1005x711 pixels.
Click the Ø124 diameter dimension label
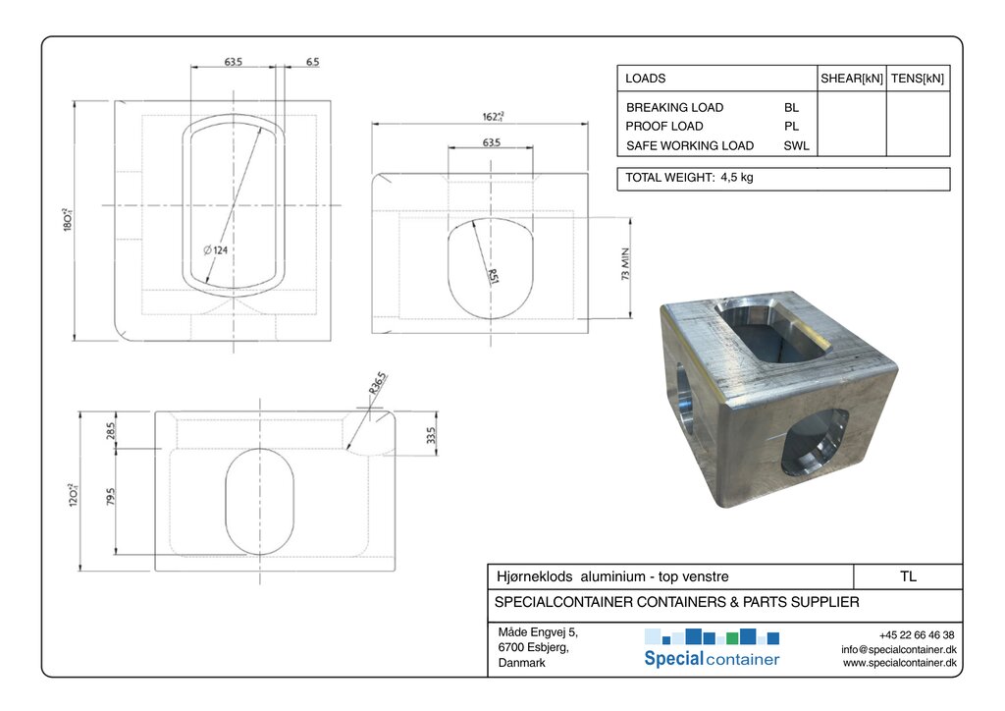pyautogui.click(x=215, y=250)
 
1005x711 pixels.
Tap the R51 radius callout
pyautogui.click(x=493, y=275)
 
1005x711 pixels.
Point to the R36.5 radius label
pyautogui.click(x=378, y=383)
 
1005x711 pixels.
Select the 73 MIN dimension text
pyautogui.click(x=625, y=263)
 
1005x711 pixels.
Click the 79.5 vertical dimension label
pyautogui.click(x=110, y=496)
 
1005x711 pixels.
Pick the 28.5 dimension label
pyautogui.click(x=110, y=431)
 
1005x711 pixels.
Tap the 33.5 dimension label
pyautogui.click(x=431, y=435)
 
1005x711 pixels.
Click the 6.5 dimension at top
pyautogui.click(x=312, y=62)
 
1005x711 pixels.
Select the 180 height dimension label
pyautogui.click(x=68, y=219)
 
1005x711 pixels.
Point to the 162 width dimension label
pyautogui.click(x=493, y=116)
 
